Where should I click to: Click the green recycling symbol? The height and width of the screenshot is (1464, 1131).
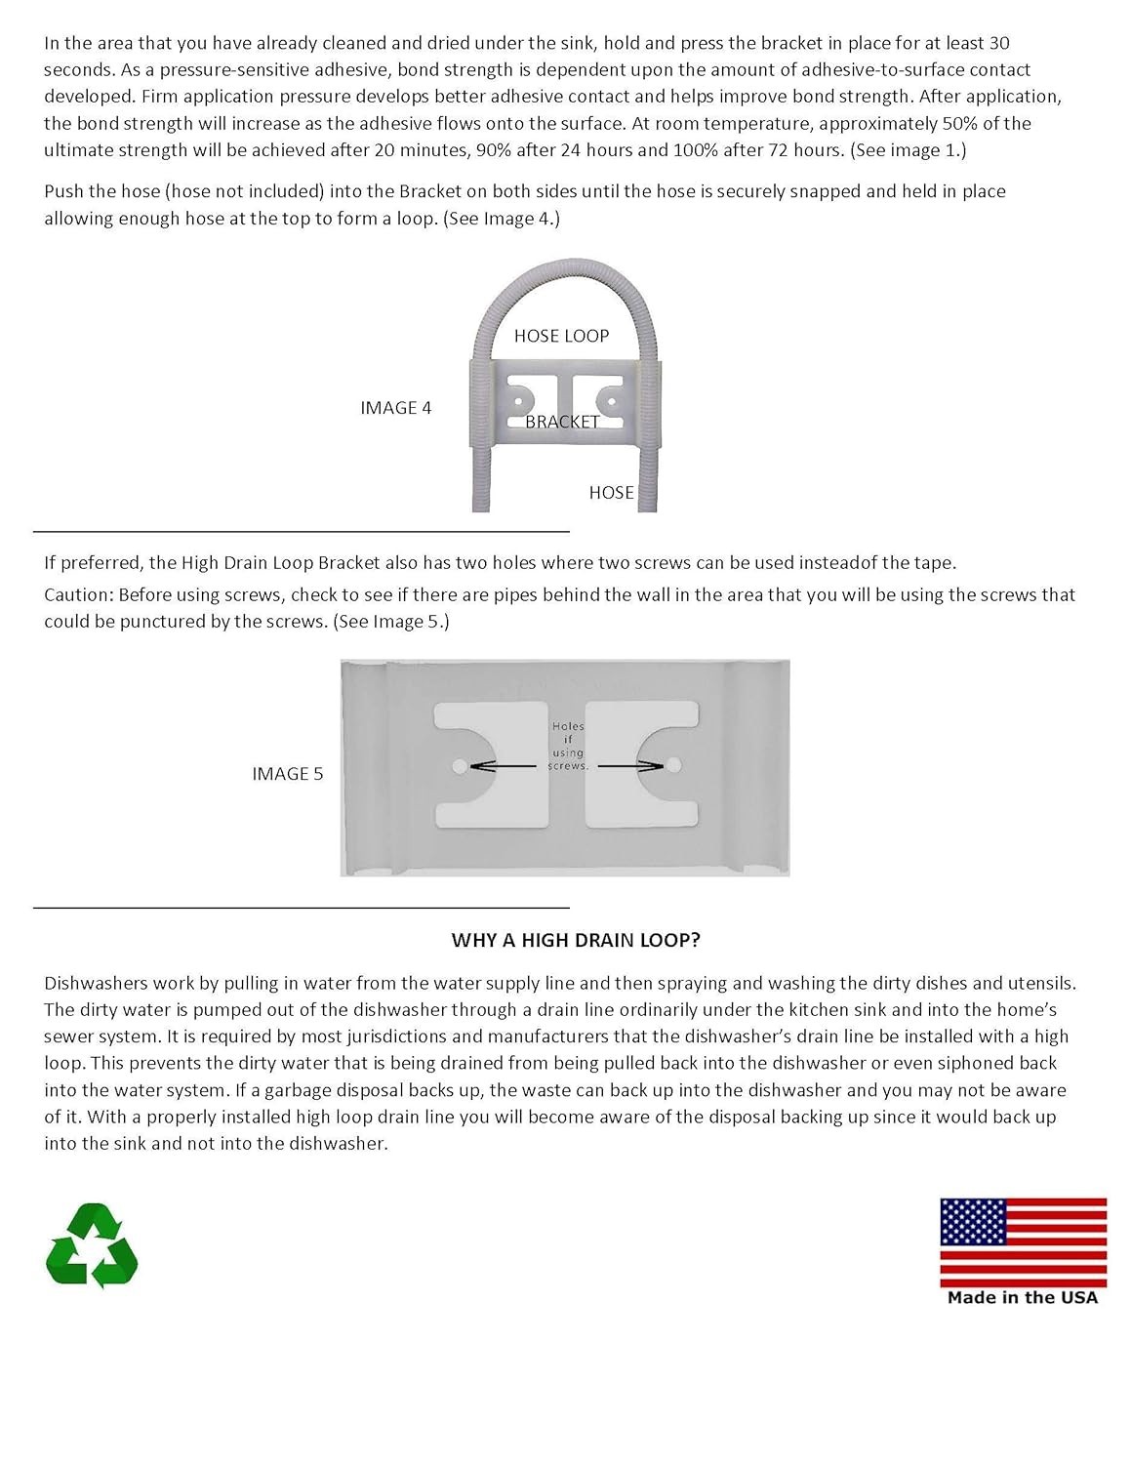point(92,1245)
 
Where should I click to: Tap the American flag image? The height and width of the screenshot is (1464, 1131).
point(1023,1243)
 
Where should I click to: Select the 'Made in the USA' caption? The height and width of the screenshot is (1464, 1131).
point(1023,1298)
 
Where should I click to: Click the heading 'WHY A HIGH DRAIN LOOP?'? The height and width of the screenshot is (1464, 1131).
point(576,940)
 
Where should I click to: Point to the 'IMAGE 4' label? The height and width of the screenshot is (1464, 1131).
point(396,408)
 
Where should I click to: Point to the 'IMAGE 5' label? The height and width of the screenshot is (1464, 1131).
point(288,773)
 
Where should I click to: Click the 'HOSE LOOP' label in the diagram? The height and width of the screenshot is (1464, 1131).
point(562,336)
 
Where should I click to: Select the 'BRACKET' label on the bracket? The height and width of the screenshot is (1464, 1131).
point(562,422)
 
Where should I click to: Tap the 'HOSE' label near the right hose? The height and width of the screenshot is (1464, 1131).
point(612,493)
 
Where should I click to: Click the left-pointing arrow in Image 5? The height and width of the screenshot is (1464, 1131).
point(504,766)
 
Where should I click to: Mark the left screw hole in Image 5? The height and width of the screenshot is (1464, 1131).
point(460,766)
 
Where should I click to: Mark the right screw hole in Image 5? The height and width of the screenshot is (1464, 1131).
point(673,765)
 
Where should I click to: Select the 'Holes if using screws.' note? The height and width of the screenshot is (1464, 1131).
point(568,746)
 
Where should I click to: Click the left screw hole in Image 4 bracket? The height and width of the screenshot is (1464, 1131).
point(518,402)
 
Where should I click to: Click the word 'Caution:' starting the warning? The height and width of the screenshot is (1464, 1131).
point(79,595)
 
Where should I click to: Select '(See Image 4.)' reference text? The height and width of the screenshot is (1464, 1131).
point(502,219)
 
